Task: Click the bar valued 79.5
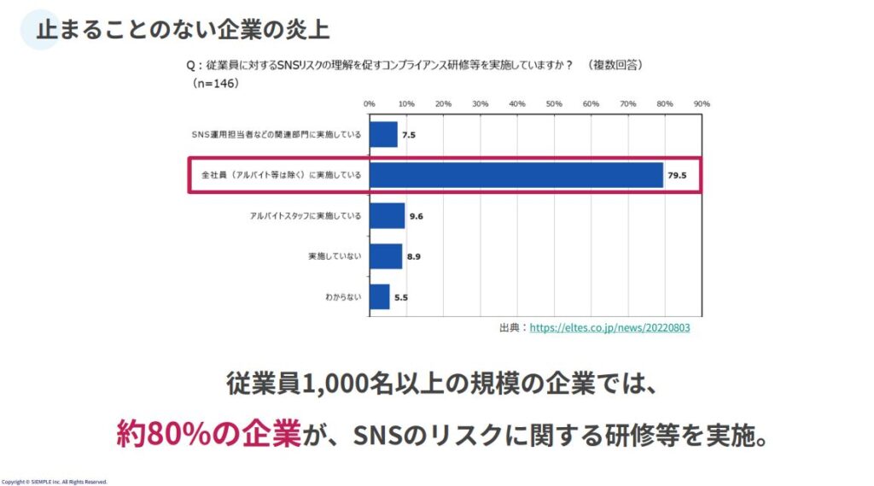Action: [x=516, y=175]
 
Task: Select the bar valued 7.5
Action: [x=383, y=135]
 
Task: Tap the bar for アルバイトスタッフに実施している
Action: [x=387, y=215]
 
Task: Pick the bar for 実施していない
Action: [x=386, y=256]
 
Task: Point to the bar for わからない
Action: [x=380, y=296]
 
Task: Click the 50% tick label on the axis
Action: [x=554, y=103]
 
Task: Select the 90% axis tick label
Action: [x=702, y=103]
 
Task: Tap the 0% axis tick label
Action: [x=370, y=103]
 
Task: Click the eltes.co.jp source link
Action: [x=609, y=327]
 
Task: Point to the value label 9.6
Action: [x=417, y=216]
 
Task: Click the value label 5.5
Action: [x=401, y=297]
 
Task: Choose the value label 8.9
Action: [x=414, y=257]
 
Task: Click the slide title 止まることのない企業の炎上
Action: [x=183, y=28]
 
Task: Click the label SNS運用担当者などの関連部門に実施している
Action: [x=277, y=135]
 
